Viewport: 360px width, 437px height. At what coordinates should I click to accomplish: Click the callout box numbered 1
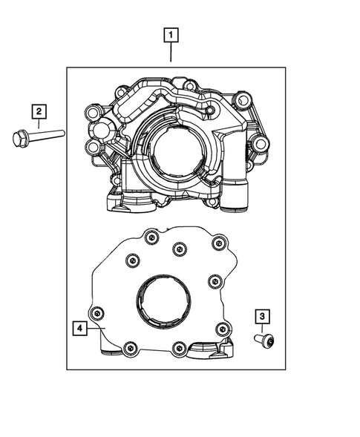(171, 35)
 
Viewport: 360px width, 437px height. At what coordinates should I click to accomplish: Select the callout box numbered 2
(38, 111)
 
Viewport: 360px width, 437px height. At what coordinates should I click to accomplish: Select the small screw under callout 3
(266, 340)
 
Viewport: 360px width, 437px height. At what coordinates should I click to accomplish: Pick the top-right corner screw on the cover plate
(217, 243)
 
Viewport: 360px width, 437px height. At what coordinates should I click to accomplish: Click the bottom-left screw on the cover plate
(130, 346)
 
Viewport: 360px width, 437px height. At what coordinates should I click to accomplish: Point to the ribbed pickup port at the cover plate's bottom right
(209, 349)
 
